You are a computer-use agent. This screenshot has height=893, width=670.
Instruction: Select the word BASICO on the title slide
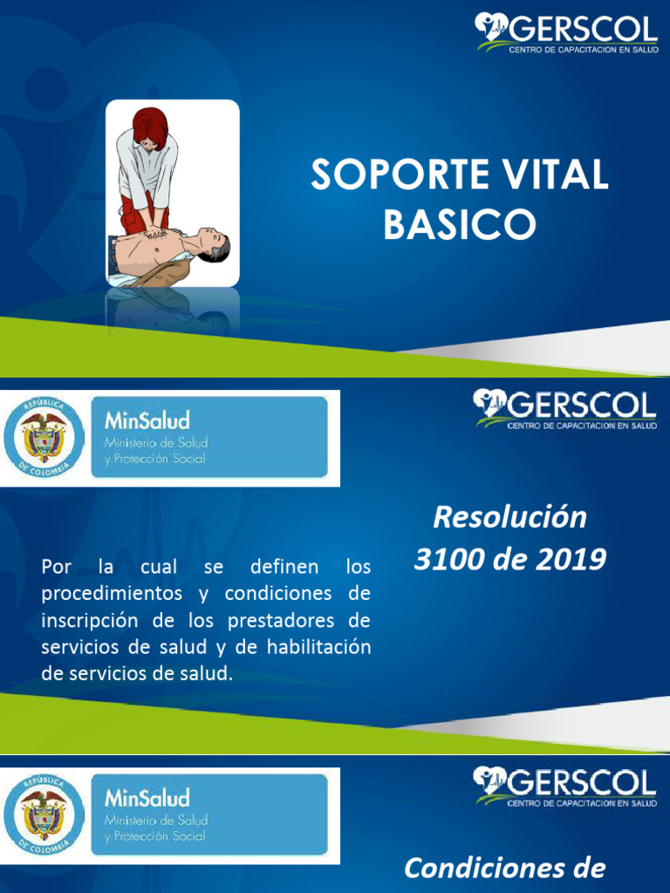click(460, 225)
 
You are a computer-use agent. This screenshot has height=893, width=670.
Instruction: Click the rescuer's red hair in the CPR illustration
click(150, 126)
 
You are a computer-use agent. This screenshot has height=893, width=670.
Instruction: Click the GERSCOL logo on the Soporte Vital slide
click(566, 32)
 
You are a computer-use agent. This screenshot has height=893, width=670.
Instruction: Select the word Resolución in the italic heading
click(510, 517)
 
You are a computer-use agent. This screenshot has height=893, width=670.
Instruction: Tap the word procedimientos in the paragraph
click(122, 594)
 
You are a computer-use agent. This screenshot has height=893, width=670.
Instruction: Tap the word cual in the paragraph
click(159, 567)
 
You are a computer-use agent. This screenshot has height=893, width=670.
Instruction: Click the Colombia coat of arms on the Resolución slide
click(44, 436)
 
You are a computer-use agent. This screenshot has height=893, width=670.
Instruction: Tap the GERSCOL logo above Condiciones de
click(566, 784)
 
